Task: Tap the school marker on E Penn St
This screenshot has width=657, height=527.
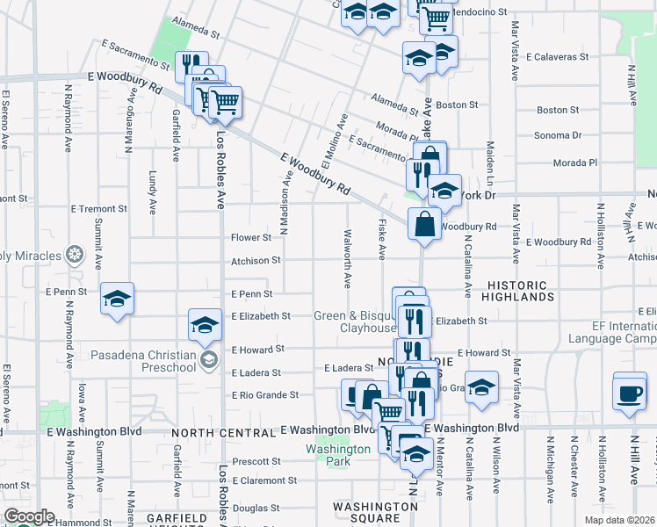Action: tap(117, 300)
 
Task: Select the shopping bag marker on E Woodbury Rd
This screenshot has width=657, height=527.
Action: tap(424, 224)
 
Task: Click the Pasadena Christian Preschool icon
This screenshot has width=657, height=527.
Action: tap(209, 360)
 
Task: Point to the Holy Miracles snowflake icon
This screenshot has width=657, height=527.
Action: tap(74, 256)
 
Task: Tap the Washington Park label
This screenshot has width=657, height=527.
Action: tap(338, 455)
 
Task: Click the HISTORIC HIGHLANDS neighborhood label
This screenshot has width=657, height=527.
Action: tap(523, 292)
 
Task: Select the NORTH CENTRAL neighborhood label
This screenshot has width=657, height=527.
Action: tap(224, 433)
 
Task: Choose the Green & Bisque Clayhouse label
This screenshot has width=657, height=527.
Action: tap(356, 321)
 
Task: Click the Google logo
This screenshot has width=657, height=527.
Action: tap(28, 516)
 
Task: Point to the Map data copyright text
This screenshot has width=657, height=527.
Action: tap(620, 520)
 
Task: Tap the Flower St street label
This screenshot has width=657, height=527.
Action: tap(251, 238)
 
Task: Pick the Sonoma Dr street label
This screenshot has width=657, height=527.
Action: tap(560, 135)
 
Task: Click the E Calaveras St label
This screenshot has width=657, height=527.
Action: tap(557, 56)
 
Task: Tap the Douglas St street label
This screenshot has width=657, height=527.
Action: tap(256, 508)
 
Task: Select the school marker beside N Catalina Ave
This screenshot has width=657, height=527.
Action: tap(481, 388)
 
